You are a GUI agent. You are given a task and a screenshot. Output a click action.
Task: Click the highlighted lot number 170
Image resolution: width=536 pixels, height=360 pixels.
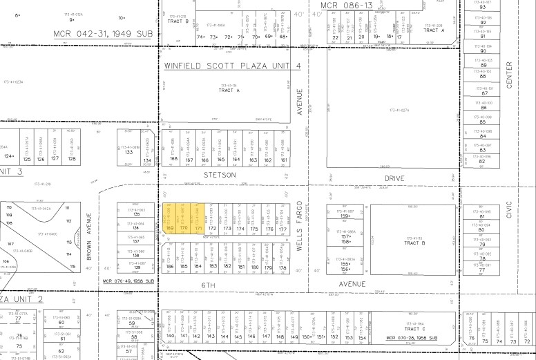(184, 227)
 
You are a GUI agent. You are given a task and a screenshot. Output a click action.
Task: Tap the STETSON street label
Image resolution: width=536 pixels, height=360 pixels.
(220, 175)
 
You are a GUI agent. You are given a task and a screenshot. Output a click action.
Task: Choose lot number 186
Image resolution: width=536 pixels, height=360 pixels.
(169, 266)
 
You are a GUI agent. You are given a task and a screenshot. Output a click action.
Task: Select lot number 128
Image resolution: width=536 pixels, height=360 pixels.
(72, 159)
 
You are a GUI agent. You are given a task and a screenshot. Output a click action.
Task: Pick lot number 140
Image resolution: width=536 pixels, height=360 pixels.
(171, 337)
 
